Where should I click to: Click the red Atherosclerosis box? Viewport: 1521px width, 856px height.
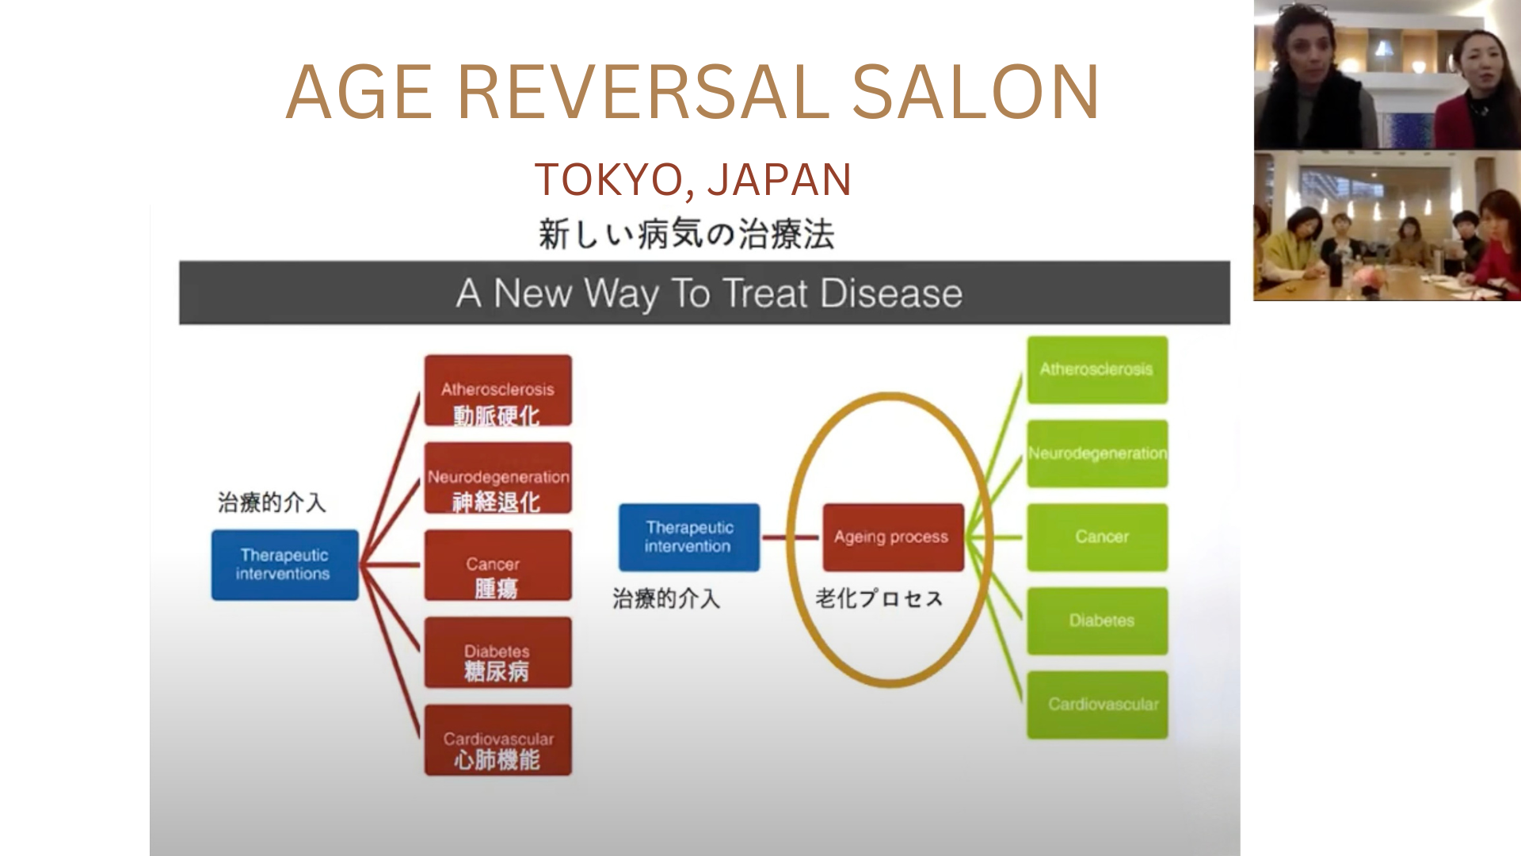497,390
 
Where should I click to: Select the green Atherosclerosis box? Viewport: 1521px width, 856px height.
1097,369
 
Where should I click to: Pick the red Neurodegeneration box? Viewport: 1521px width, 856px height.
497,478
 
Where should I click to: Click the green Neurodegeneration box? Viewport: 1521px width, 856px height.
1097,453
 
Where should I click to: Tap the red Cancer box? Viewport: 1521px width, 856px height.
497,565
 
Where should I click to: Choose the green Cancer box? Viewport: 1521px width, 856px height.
1097,537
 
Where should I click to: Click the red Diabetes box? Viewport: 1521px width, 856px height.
497,652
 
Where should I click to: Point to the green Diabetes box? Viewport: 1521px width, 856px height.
1097,621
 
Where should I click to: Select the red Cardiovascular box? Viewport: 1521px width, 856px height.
497,739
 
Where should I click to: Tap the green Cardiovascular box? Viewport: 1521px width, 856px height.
1097,705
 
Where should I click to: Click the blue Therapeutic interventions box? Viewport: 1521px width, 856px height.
284,564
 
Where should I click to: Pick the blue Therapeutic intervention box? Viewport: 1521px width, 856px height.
688,537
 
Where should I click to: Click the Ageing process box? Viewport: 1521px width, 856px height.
893,537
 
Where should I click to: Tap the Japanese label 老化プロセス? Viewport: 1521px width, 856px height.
879,598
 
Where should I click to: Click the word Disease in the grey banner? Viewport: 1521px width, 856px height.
890,293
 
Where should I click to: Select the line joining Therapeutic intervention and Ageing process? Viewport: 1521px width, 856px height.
791,538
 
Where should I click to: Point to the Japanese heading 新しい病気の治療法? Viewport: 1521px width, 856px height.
686,235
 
